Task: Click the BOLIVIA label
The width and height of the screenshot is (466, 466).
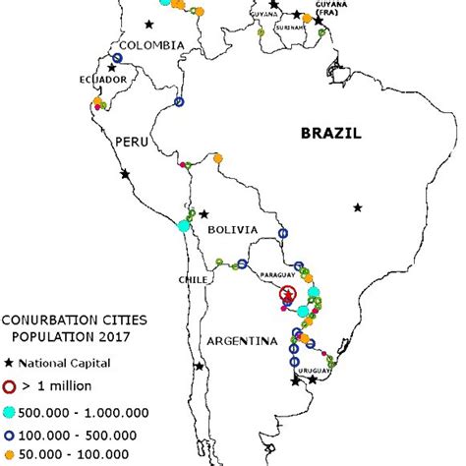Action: (232, 230)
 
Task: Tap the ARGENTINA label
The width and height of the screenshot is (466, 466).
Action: (240, 341)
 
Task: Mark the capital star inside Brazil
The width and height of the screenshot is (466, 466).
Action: (359, 207)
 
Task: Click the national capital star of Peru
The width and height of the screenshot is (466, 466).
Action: (124, 174)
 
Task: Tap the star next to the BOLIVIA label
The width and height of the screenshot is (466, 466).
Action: (204, 213)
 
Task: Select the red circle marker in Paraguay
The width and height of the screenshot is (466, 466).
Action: (287, 295)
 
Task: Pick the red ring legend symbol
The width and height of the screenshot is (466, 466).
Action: (11, 386)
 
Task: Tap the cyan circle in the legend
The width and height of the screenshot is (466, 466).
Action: (11, 412)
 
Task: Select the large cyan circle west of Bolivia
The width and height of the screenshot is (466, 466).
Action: (184, 226)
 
